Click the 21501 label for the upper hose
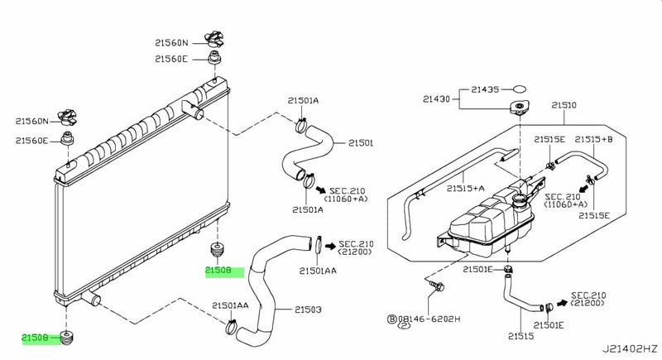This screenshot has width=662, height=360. click(361, 143)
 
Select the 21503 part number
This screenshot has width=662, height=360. click(308, 310)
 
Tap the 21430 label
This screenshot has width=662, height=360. click(436, 99)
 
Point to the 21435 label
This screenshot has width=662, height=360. click(485, 89)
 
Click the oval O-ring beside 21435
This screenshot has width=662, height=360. click(520, 89)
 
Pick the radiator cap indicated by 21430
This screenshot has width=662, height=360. click(520, 107)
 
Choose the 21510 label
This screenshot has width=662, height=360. click(564, 105)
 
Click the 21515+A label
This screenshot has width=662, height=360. click(465, 189)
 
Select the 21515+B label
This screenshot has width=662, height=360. click(593, 139)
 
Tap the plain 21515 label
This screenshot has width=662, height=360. click(520, 336)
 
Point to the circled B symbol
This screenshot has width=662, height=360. click(391, 319)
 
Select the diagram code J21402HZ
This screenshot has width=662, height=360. click(630, 348)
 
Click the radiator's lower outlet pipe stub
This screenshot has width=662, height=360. click(92, 299)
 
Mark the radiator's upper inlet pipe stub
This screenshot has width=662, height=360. click(193, 109)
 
